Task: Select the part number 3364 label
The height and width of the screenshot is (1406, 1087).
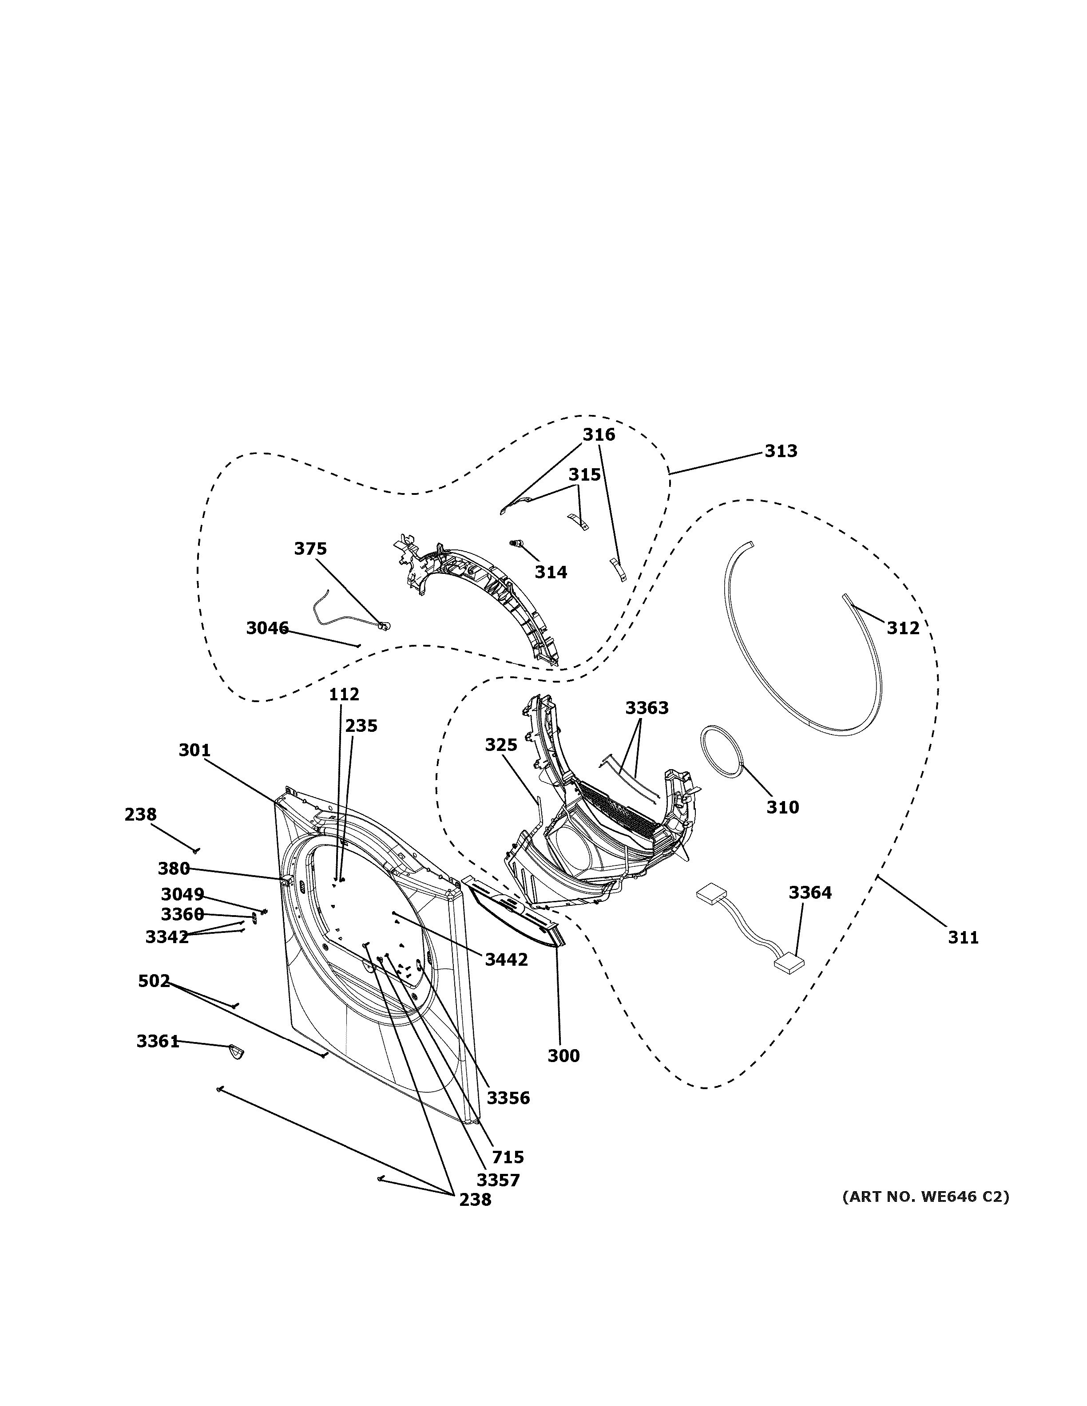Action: coord(810,892)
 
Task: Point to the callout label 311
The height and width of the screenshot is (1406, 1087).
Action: coord(963,938)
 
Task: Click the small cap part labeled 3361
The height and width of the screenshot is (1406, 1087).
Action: coord(236,1052)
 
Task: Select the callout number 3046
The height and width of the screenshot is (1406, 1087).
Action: coord(267,628)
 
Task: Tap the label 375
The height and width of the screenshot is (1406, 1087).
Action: coord(310,549)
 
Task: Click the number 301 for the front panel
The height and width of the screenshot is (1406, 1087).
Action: coord(194,750)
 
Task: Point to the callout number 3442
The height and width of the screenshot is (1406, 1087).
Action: coord(506,960)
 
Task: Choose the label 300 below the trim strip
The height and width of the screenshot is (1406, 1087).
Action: coord(563,1056)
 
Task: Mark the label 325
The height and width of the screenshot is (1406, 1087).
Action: coord(501,745)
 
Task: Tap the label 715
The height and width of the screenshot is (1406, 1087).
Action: coord(508,1157)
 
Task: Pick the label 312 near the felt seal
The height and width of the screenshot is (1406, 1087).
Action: coord(903,628)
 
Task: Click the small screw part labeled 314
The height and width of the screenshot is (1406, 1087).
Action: coord(515,544)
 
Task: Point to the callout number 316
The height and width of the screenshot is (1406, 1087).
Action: coord(599,434)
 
